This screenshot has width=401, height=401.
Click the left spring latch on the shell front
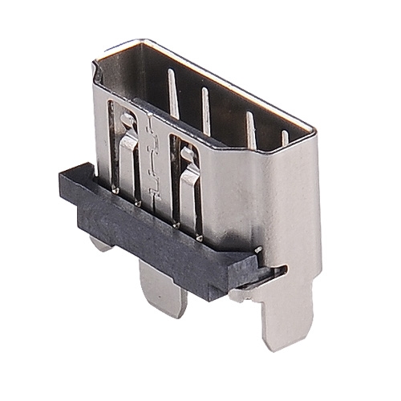click(128, 156)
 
